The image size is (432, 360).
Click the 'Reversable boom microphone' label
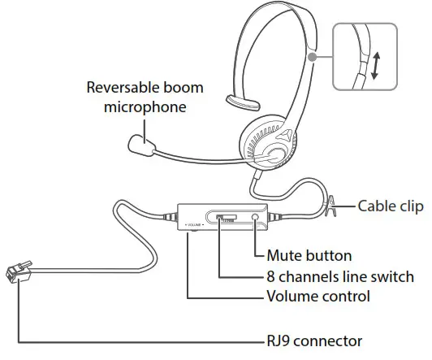[x=145, y=98]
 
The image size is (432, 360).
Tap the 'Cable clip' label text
[x=391, y=206]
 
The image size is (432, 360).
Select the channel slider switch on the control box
[x=227, y=218]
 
